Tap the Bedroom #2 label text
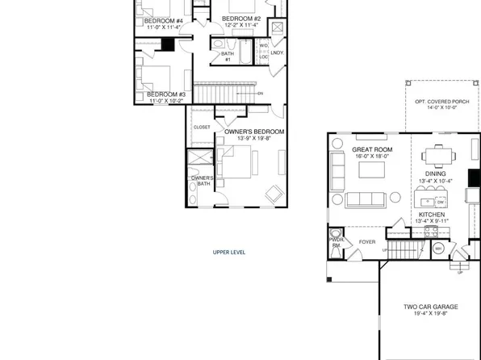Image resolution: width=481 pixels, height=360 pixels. coord(241,19)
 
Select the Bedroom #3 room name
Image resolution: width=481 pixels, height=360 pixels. coord(166,94)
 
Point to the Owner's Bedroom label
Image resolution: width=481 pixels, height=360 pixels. coord(254,131)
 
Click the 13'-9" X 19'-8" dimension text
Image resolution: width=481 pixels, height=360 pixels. coord(254,139)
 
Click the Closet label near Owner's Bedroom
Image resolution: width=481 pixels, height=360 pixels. coord(202,128)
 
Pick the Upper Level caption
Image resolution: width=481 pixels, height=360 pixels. coord(229,252)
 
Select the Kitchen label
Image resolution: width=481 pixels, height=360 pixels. coord(431,215)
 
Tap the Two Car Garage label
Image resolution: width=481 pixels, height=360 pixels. coord(431,308)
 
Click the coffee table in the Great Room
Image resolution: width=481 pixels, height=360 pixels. coord(374,170)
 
